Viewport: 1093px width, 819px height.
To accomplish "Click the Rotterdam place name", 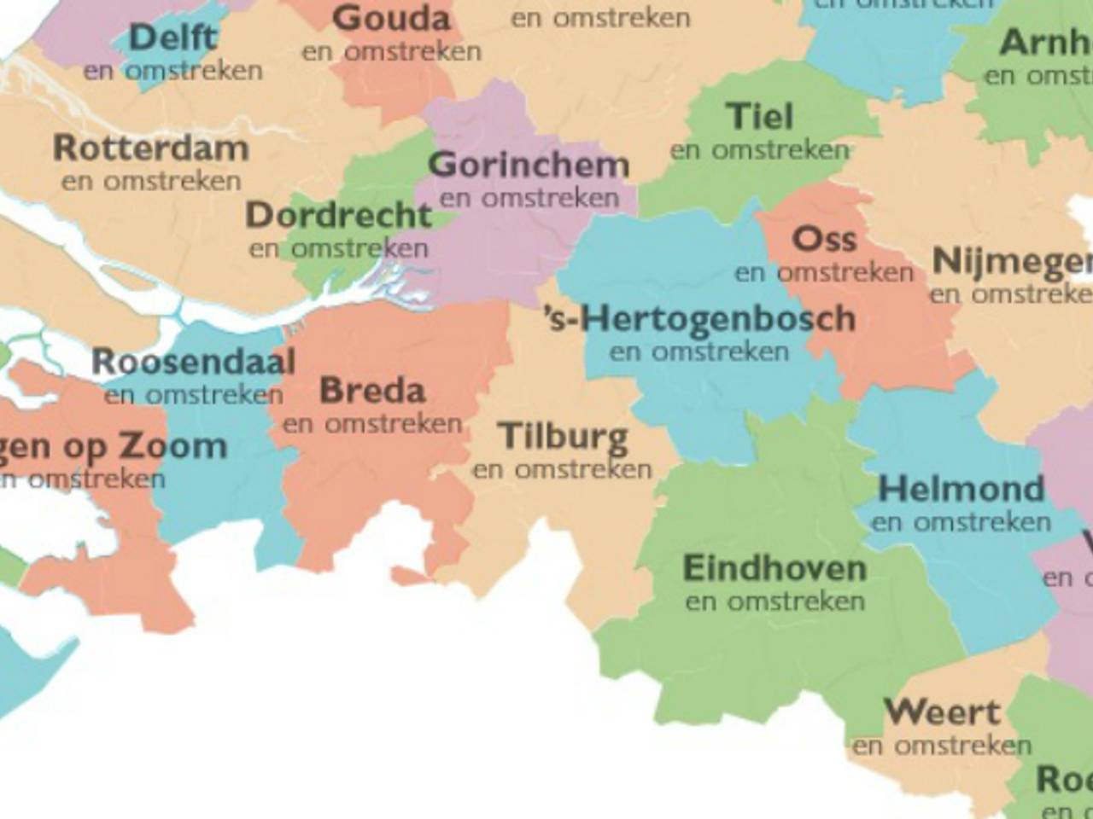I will pos(151,148).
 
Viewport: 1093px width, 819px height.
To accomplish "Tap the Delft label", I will pos(173,38).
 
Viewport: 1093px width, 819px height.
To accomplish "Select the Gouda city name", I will pos(391,18).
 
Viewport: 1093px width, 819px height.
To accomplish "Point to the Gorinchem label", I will pos(529,165).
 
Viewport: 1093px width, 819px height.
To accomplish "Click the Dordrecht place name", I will pos(339,216).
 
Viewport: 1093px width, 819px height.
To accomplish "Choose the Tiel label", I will pos(759,117).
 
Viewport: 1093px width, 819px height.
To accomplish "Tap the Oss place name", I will pos(824,240).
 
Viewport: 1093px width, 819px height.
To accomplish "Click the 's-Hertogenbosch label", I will pos(700,319).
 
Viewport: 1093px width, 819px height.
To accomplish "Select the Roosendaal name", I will pos(194,362).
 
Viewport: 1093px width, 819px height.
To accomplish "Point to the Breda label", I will pos(372,391).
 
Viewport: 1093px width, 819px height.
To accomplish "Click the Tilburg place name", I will pos(564,436).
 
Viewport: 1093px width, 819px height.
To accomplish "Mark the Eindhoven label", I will pos(774,568).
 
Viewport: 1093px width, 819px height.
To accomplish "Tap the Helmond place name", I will pos(961,490).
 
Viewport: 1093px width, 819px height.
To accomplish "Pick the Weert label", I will pos(943,712).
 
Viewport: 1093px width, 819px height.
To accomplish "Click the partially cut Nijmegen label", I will pos(1012,262).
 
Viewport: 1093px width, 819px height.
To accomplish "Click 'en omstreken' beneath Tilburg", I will pos(562,469).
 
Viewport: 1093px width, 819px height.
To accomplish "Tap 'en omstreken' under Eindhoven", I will pos(774,601).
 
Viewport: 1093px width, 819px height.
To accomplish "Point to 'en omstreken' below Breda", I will pos(372,423).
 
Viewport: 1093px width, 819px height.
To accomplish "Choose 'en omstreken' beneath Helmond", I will pos(961,522).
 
